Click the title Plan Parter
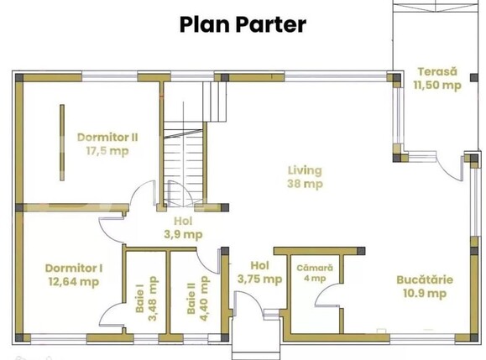[243, 24]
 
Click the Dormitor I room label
[74, 269]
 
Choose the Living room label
[303, 170]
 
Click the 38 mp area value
[304, 184]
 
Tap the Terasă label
[436, 71]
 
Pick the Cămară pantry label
[315, 268]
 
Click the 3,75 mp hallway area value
[259, 280]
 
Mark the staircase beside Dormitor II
[184, 151]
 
